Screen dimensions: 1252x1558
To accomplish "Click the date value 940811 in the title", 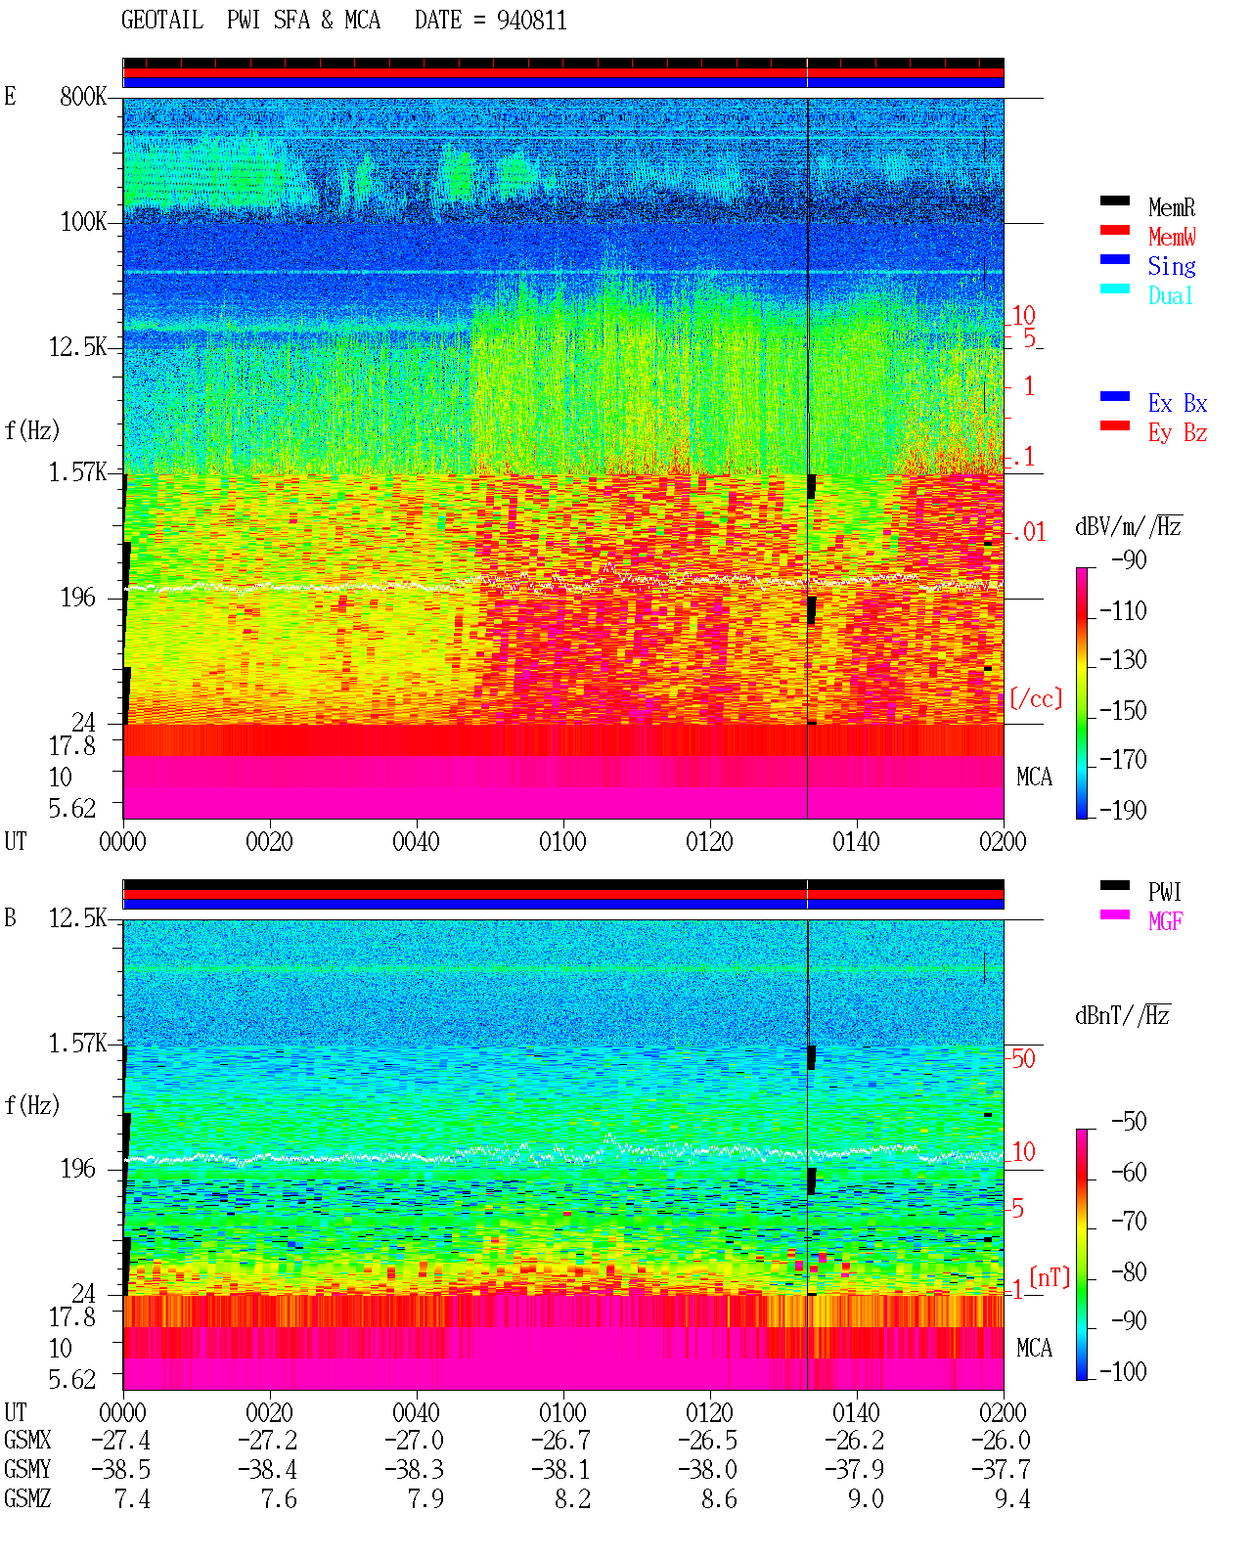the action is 531,21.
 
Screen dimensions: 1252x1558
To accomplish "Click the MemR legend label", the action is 1172,207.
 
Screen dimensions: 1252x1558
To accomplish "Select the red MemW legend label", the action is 1172,237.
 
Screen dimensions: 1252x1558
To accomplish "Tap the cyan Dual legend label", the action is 1171,295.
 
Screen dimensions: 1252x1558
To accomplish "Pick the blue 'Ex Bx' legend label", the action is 1178,403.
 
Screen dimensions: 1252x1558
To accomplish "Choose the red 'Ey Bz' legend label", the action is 1178,433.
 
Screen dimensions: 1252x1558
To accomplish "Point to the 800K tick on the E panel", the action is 83,96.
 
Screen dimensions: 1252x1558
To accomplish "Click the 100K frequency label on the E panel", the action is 83,222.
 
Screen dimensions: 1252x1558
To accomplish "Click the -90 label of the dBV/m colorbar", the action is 1129,559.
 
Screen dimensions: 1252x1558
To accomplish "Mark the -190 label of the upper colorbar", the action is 1123,810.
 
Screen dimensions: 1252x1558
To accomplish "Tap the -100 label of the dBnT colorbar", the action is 1123,1371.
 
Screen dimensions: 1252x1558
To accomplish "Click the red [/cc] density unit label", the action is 1036,698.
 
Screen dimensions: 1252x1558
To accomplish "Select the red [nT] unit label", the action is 1050,1277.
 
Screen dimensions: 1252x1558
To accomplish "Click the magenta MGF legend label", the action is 1165,921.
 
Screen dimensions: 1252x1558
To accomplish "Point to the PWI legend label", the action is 1164,892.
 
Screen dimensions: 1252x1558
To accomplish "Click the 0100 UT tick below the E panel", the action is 562,842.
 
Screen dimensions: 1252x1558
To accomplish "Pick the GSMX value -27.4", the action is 121,1441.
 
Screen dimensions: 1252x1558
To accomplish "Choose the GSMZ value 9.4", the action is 1012,1498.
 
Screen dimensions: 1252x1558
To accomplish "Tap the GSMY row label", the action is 27,1470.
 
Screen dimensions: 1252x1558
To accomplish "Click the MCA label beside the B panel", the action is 1034,1348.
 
